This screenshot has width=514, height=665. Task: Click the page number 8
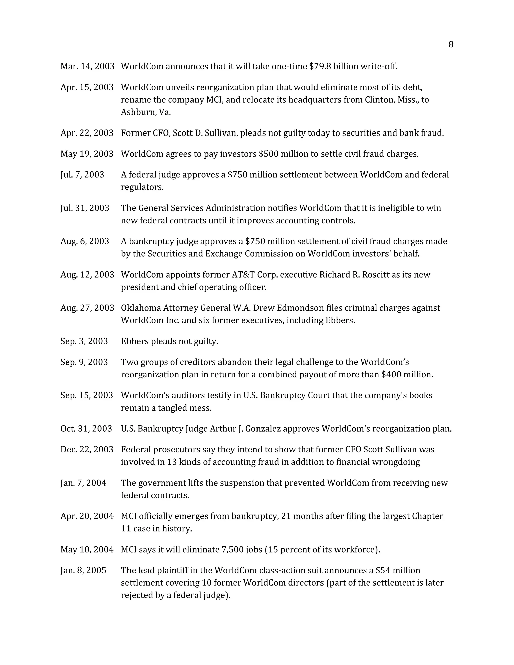tap(451, 45)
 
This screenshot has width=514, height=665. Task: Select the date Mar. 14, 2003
tap(87, 66)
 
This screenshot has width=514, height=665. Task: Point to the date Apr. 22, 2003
tap(87, 133)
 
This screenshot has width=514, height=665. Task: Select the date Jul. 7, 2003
tap(82, 175)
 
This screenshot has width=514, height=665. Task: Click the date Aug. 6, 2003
tap(85, 241)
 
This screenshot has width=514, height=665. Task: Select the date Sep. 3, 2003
tap(84, 341)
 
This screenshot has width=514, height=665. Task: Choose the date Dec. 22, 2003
tap(87, 450)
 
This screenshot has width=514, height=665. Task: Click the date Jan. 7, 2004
tap(83, 483)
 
